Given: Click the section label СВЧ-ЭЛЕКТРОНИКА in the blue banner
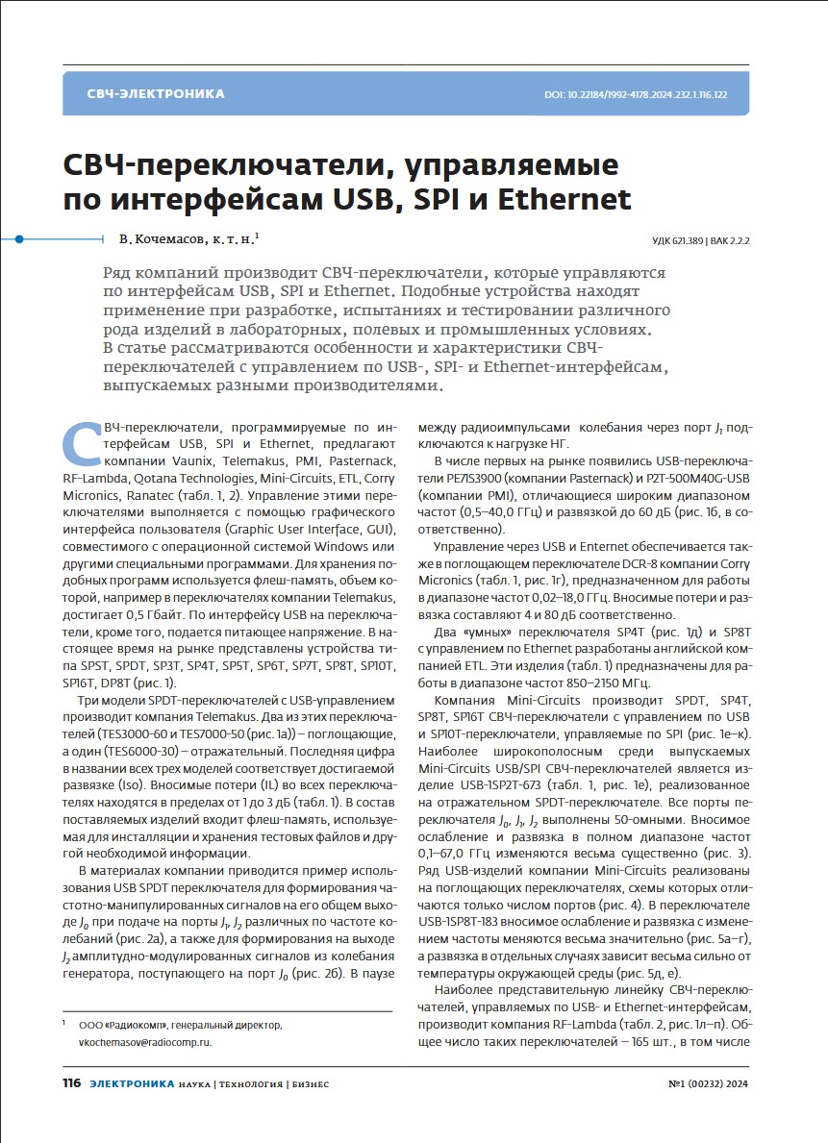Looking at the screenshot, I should click(156, 94).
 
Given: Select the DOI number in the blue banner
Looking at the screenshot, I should click(636, 95).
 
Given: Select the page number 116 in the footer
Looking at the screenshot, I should click(71, 1083).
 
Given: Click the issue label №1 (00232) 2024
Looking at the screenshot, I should click(708, 1083).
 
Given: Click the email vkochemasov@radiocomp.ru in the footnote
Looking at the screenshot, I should click(144, 1042).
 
